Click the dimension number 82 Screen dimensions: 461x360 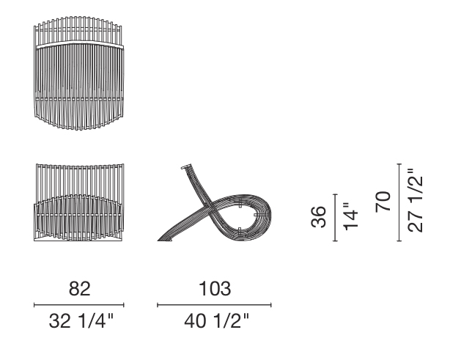click(x=79, y=289)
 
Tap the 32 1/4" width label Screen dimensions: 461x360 click(x=81, y=320)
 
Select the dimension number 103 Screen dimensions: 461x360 click(x=215, y=289)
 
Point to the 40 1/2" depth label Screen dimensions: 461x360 click(x=217, y=320)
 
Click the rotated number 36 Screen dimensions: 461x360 click(x=318, y=217)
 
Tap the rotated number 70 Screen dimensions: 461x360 click(x=383, y=202)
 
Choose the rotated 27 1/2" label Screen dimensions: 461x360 click(x=415, y=201)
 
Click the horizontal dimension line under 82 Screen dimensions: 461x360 click(x=79, y=305)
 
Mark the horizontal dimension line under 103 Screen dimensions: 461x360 click(x=214, y=305)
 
